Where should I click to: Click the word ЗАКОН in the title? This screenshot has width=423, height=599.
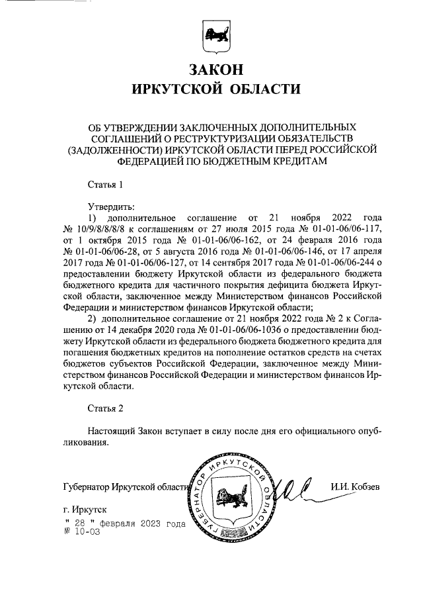click(x=211, y=69)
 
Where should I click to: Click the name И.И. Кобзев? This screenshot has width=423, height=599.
click(x=360, y=488)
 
